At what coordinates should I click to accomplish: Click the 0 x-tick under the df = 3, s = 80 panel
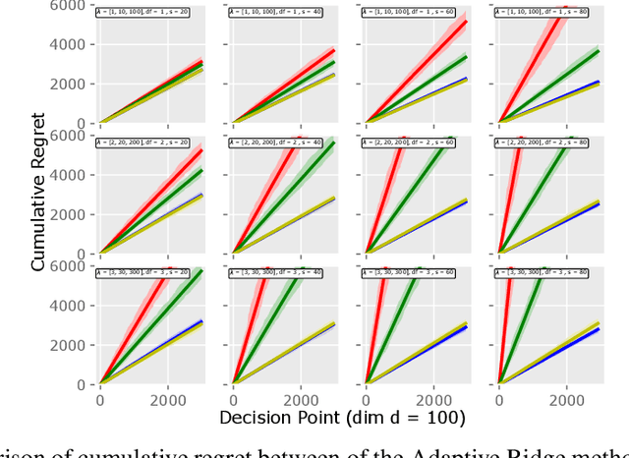point(499,402)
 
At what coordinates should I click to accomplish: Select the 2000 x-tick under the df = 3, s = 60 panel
point(433,402)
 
